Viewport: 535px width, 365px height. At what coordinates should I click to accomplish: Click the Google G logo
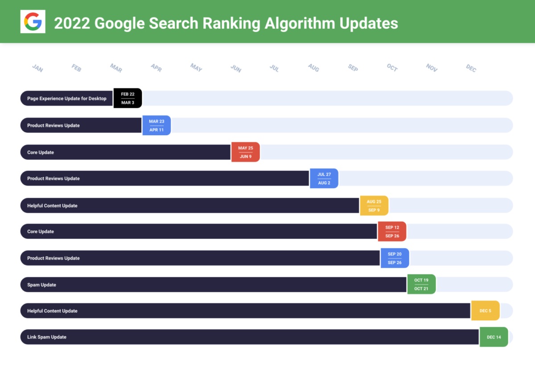33,21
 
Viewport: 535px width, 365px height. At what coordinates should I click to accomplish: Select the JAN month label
37,68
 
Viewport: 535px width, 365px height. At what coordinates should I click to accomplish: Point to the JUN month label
236,68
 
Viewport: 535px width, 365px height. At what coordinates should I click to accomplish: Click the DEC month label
471,68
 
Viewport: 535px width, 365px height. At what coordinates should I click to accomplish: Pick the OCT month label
392,68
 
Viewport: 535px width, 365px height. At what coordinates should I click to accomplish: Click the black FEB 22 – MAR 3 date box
128,98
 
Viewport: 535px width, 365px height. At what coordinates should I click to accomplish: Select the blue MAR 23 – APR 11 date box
156,125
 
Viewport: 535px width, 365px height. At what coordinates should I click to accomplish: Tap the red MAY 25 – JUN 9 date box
245,152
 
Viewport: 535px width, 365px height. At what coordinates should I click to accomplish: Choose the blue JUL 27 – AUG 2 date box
324,178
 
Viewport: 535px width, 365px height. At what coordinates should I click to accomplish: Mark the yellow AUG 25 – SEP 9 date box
374,206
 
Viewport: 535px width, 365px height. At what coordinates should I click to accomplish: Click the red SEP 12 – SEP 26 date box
392,232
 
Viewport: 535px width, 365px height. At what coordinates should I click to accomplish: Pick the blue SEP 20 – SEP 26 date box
395,258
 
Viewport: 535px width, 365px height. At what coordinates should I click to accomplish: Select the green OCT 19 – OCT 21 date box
421,285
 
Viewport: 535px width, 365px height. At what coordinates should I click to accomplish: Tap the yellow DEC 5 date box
485,311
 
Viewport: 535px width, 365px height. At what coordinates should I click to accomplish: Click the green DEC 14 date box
494,337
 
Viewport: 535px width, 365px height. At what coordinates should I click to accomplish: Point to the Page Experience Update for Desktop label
67,99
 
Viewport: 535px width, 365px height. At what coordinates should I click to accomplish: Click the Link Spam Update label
47,337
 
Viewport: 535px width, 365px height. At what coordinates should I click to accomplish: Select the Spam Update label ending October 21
41,285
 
